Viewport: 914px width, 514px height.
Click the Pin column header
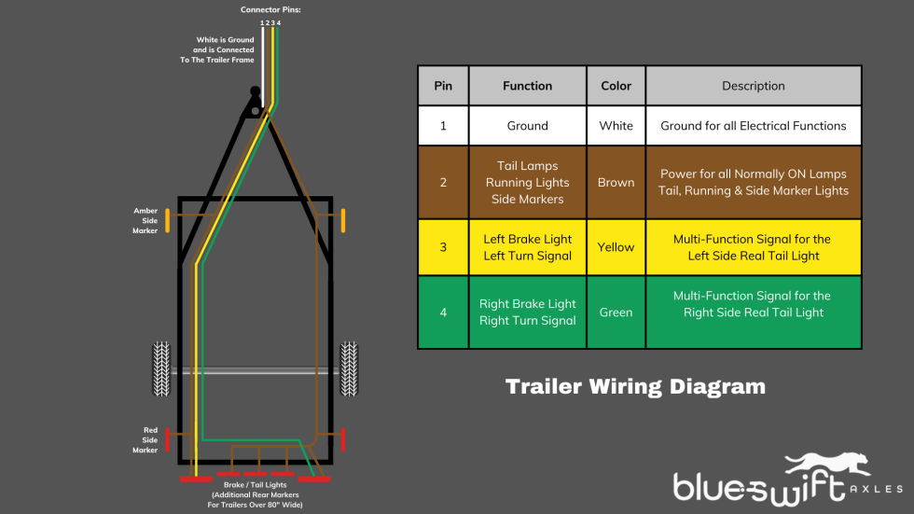(443, 86)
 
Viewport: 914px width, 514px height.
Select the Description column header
(753, 86)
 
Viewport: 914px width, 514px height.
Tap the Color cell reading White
(616, 126)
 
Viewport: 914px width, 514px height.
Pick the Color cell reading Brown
(616, 183)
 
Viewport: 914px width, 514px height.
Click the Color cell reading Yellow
(616, 247)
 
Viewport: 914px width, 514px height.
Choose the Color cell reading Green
(616, 313)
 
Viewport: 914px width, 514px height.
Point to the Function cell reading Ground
(527, 126)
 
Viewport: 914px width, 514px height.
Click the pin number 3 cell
(443, 247)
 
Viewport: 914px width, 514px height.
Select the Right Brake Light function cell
(527, 313)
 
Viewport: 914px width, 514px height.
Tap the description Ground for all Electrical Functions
(753, 126)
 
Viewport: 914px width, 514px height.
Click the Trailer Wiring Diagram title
(635, 386)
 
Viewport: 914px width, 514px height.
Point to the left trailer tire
(161, 369)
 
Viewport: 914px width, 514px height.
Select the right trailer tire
(349, 369)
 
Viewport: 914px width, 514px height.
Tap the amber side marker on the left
(168, 221)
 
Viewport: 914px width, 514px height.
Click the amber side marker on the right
(343, 221)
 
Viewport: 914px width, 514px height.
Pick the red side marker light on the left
(168, 438)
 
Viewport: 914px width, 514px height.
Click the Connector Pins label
(270, 9)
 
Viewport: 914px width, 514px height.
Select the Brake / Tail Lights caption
(255, 485)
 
